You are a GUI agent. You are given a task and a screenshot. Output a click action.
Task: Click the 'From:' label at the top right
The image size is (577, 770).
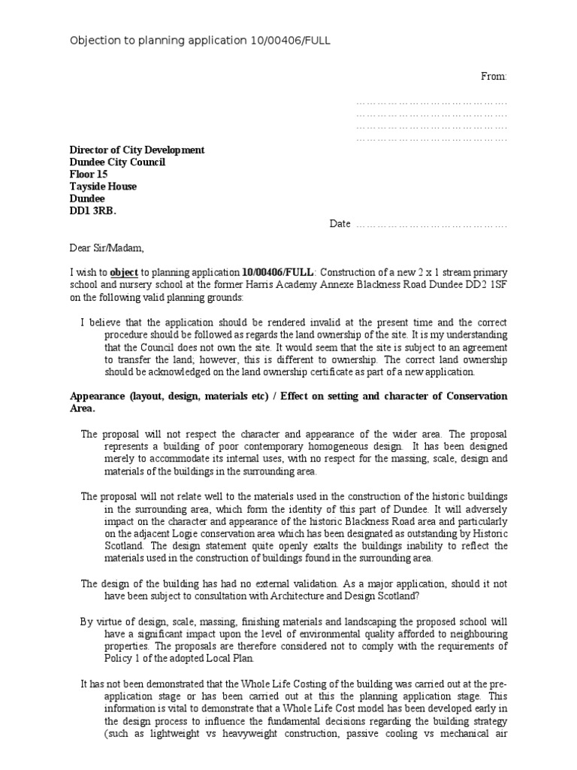click(x=494, y=77)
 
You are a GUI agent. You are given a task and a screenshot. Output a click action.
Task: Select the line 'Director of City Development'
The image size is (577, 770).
click(x=137, y=150)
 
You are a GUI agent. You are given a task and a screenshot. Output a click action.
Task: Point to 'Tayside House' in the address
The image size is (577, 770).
click(x=103, y=186)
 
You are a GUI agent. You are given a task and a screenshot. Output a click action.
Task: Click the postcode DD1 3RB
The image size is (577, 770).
click(x=93, y=211)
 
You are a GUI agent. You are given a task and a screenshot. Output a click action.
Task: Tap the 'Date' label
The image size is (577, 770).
click(x=340, y=224)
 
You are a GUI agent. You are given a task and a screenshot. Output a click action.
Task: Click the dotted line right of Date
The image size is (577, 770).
click(x=431, y=225)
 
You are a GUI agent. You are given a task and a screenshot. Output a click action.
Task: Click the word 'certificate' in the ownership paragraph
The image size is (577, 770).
click(x=317, y=371)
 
